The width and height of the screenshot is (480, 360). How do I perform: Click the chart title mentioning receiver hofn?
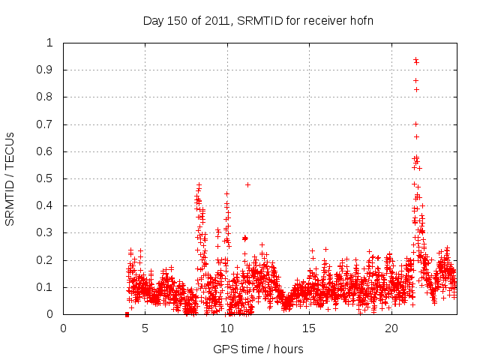(258, 20)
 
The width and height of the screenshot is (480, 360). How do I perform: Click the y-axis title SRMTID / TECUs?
(10, 178)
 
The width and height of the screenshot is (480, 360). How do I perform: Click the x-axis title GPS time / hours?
(258, 349)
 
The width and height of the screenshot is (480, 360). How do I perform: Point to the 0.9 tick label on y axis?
(46, 70)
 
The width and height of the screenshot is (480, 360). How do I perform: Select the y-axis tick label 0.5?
(46, 179)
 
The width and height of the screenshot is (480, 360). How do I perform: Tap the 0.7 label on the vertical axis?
(46, 124)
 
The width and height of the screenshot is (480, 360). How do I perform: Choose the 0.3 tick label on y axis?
(46, 233)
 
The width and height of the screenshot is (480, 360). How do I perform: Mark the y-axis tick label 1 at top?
(51, 43)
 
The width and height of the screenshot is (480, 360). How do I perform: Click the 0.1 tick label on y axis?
(46, 287)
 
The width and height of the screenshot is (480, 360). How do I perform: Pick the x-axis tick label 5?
(145, 328)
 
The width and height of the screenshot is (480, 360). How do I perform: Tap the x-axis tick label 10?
(227, 328)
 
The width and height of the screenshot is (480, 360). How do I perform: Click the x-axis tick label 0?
(64, 328)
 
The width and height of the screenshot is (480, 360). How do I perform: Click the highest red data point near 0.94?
(415, 59)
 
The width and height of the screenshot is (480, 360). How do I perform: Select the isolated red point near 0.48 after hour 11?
(247, 184)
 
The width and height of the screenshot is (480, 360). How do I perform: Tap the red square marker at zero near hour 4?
(127, 314)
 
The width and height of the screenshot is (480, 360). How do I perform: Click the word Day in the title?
(153, 20)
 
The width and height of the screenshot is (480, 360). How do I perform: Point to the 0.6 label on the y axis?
(46, 151)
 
